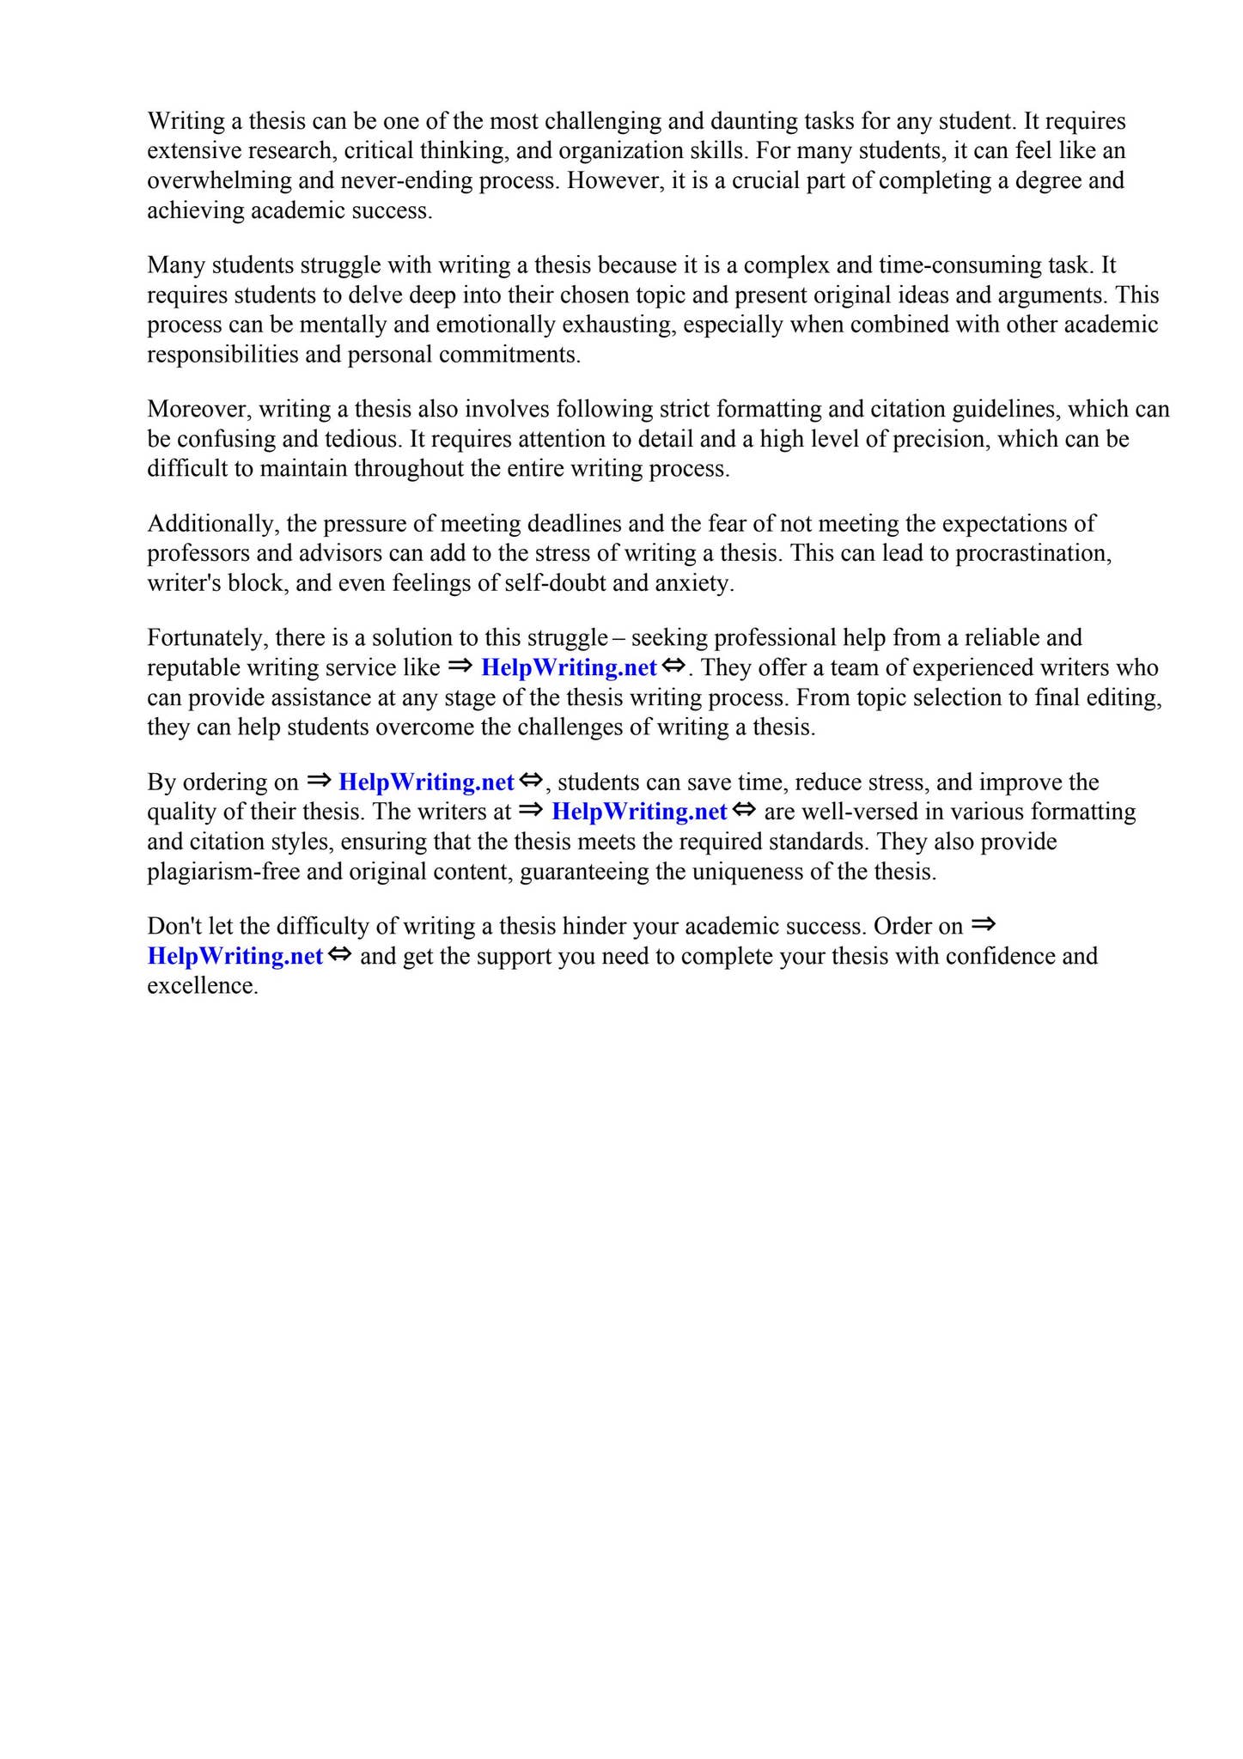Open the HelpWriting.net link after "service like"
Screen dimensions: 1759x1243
pyautogui.click(x=569, y=667)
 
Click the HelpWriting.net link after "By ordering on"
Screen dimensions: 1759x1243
pyautogui.click(x=426, y=782)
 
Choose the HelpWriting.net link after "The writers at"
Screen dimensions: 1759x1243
pyautogui.click(x=639, y=812)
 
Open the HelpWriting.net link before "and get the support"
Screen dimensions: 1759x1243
pyautogui.click(x=235, y=956)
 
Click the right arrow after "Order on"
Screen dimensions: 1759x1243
pyautogui.click(x=983, y=925)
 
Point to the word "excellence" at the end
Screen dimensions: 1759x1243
pyautogui.click(x=201, y=986)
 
